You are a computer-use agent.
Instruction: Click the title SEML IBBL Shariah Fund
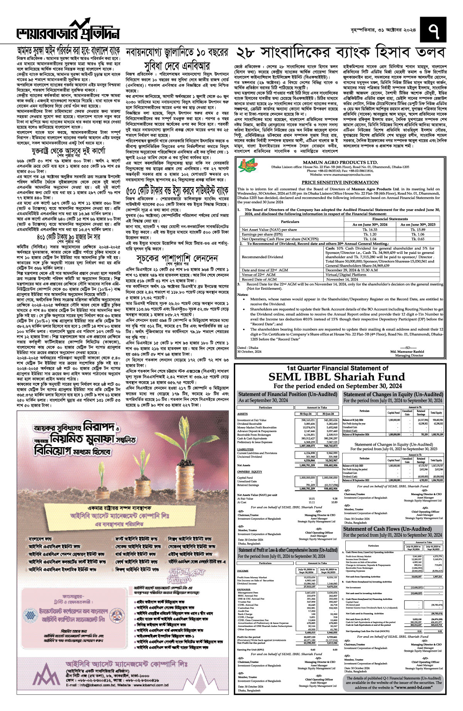340,377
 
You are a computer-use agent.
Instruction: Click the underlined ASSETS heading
242,414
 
